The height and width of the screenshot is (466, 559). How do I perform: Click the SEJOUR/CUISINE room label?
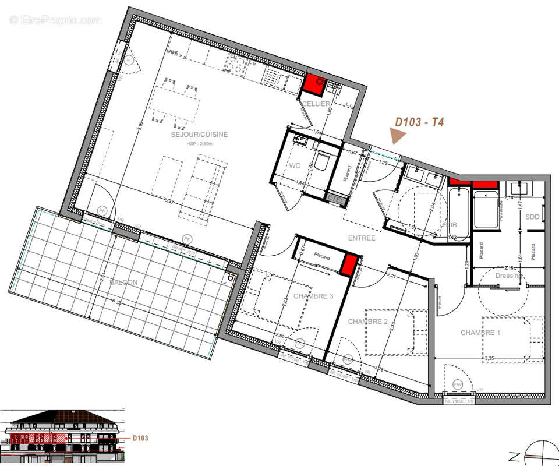point(199,135)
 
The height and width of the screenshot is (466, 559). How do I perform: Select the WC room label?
point(295,165)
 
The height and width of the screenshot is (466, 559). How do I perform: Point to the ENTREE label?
point(362,238)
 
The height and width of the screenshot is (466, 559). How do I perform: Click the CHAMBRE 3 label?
point(313,296)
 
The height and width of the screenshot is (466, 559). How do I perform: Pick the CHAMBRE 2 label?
point(367,322)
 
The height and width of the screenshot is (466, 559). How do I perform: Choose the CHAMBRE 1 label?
point(480,333)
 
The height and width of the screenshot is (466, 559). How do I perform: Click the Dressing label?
point(508,276)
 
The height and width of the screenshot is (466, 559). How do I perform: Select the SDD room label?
point(532,217)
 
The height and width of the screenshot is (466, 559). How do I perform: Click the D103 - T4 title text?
point(419,122)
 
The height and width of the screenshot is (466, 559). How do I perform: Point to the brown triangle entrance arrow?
point(398,137)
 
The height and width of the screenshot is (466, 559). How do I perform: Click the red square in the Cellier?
point(314,86)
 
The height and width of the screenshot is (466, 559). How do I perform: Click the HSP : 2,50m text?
point(199,143)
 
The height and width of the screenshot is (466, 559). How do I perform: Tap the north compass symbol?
point(533,454)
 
